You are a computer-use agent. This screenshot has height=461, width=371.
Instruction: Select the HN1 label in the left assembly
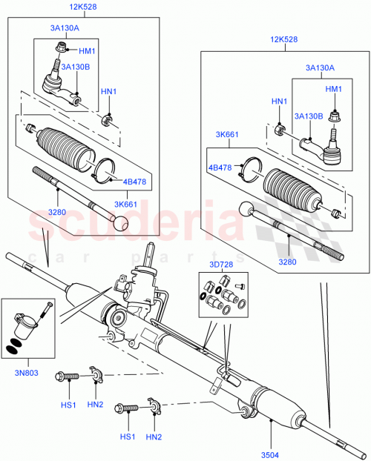point(109,91)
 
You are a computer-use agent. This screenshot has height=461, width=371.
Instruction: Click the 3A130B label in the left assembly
point(76,67)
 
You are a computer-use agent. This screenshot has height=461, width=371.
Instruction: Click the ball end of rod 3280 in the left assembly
point(121,221)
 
